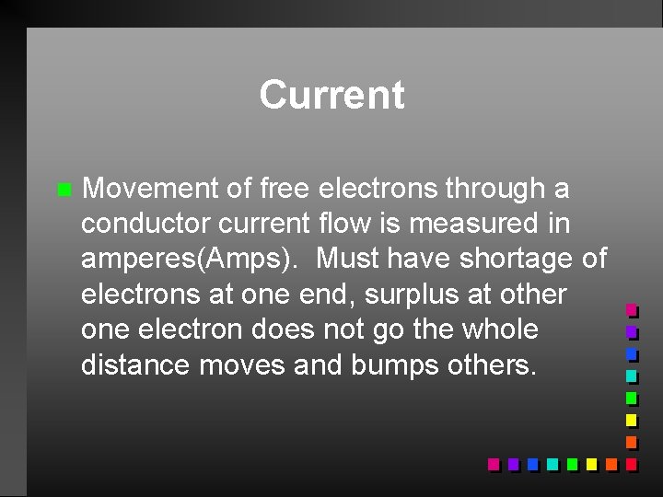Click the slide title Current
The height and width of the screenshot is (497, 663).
tap(331, 94)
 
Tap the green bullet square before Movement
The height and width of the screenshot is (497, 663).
tap(63, 191)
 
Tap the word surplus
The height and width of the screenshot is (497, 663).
tap(417, 294)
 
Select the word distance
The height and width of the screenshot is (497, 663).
tap(139, 364)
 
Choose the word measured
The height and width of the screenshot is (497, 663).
tap(480, 224)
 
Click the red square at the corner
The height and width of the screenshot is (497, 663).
tap(631, 464)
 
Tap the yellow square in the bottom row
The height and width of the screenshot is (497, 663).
tap(591, 464)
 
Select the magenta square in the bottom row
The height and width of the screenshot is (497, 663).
tap(494, 464)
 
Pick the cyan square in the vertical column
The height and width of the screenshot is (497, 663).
tap(631, 376)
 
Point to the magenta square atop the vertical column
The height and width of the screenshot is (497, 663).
tap(631, 310)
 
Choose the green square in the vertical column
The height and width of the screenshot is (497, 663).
tap(631, 398)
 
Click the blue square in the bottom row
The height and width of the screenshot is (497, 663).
tap(532, 464)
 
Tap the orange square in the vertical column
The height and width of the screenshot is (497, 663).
tap(631, 442)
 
